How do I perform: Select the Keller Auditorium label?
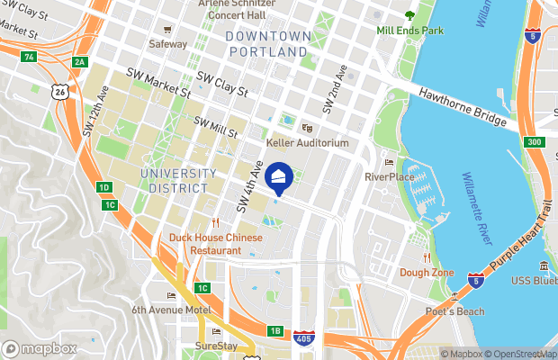[308, 143]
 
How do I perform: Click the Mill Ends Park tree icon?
[410, 15]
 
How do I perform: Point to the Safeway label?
[167, 43]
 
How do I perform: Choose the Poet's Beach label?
[454, 311]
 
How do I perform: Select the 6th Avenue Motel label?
[171, 310]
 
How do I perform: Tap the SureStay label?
[216, 345]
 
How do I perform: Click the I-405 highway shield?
[304, 339]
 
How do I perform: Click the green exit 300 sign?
[535, 142]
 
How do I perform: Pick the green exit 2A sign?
[80, 61]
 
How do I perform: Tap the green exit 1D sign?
[104, 187]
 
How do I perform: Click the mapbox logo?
[40, 348]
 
